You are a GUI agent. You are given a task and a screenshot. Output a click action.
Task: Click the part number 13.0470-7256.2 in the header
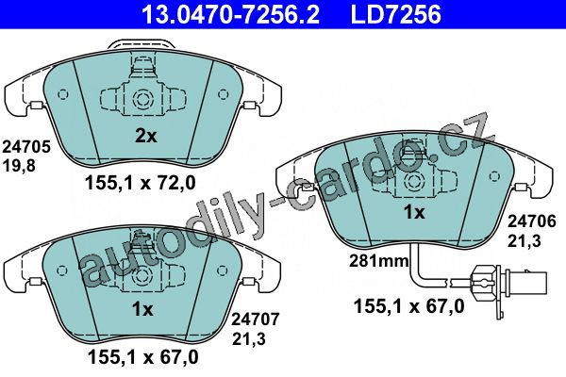pyautogui.click(x=231, y=14)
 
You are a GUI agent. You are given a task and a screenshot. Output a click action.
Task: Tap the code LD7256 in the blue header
pyautogui.click(x=395, y=14)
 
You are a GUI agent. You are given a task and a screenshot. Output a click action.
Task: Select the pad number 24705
pyautogui.click(x=26, y=147)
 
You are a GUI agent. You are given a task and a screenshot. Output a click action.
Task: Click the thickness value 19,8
pyautogui.click(x=19, y=166)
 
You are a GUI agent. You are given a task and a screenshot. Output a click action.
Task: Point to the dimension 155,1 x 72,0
pyautogui.click(x=140, y=183)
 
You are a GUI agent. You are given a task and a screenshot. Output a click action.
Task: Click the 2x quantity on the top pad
pyautogui.click(x=146, y=136)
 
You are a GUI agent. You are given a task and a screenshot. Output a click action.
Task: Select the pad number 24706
pyautogui.click(x=532, y=221)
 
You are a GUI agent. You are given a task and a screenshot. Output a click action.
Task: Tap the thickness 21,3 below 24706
pyautogui.click(x=524, y=240)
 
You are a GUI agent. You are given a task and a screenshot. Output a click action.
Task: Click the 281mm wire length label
pyautogui.click(x=378, y=260)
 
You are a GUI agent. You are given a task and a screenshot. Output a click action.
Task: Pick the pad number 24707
pyautogui.click(x=256, y=320)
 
